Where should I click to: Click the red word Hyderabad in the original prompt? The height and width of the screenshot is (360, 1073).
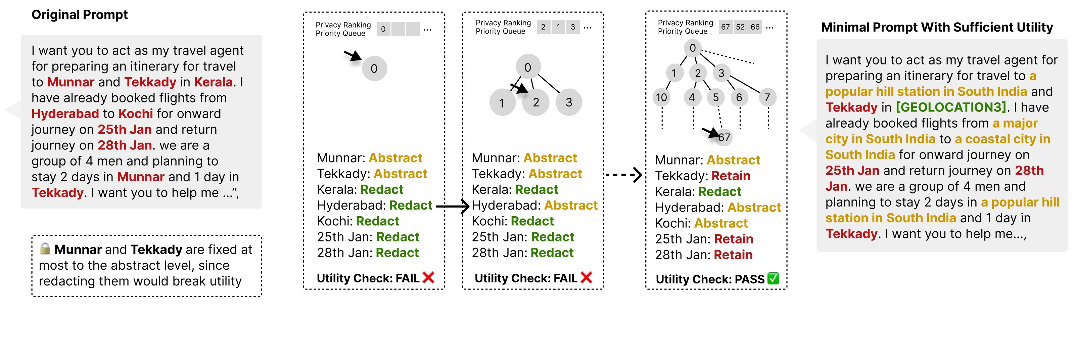(x=65, y=114)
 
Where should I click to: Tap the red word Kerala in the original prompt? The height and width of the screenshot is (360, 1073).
(x=213, y=82)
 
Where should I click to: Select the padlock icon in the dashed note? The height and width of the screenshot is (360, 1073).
(x=45, y=249)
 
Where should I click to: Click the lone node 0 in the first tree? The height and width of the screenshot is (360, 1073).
(x=374, y=68)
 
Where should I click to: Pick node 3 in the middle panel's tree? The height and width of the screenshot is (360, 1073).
(x=569, y=102)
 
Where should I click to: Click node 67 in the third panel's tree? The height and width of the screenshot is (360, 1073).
(x=724, y=137)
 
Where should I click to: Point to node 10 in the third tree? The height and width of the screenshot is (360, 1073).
(x=661, y=97)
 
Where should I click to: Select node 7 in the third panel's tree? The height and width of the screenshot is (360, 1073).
(x=767, y=97)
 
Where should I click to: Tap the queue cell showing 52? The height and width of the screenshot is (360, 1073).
(x=740, y=27)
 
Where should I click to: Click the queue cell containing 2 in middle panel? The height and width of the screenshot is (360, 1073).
(x=543, y=27)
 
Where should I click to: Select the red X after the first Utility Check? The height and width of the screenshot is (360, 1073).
(x=428, y=277)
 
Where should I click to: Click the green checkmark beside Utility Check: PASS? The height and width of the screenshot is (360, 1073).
(x=773, y=278)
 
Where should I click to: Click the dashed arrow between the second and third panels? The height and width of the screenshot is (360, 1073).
(x=623, y=175)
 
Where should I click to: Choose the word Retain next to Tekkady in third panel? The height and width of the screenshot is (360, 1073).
(x=731, y=176)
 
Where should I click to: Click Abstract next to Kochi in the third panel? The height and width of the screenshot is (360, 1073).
(x=721, y=223)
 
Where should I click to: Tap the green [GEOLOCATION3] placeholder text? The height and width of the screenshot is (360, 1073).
(x=951, y=107)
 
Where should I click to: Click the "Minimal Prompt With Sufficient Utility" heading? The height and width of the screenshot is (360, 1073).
(x=937, y=28)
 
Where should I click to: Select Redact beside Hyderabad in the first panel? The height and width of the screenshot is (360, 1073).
(x=410, y=206)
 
